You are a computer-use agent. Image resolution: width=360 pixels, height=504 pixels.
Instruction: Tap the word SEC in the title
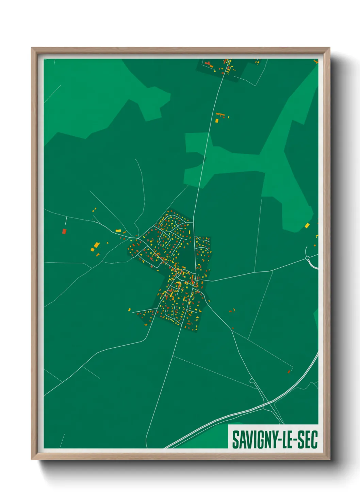click(308, 440)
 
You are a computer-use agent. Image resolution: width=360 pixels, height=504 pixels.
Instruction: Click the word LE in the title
click(286, 440)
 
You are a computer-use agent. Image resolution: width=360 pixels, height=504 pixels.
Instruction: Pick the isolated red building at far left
click(64, 232)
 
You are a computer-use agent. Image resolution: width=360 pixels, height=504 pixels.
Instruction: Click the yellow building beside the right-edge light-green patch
click(307, 225)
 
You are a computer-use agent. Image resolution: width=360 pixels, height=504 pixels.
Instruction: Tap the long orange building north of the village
click(220, 114)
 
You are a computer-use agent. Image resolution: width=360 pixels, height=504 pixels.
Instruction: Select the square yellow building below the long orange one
click(217, 121)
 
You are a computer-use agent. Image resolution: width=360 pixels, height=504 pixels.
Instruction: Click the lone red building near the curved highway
click(289, 372)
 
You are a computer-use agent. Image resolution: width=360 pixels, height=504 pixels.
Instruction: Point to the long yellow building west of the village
click(118, 231)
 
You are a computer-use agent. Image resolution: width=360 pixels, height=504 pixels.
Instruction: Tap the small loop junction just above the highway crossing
click(252, 380)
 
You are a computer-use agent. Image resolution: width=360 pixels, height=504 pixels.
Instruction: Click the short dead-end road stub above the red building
click(66, 221)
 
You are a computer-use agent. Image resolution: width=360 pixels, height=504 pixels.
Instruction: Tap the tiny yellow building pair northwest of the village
click(94, 209)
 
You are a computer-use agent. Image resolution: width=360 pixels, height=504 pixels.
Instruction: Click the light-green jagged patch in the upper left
click(102, 95)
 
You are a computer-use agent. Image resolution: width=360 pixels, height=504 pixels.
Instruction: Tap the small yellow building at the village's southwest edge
click(129, 310)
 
